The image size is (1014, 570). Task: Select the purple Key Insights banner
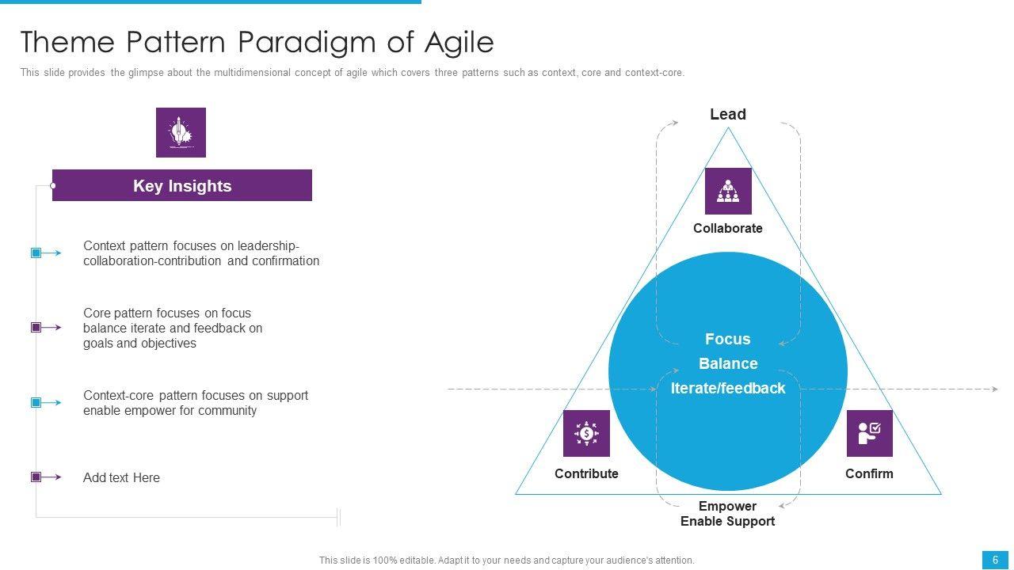[x=182, y=186]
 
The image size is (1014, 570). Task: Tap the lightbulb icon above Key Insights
[x=181, y=132]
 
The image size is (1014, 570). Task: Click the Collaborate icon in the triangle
[x=728, y=191]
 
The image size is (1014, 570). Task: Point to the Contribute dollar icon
[x=586, y=433]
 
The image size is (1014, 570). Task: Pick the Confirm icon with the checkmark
[x=869, y=433]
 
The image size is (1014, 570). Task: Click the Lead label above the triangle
[x=727, y=115]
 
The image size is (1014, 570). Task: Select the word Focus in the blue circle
[x=727, y=339]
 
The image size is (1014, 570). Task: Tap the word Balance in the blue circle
[x=727, y=363]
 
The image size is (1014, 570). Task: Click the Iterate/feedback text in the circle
[x=727, y=388]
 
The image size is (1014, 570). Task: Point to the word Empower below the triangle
[x=727, y=506]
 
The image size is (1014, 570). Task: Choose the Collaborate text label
[x=727, y=228]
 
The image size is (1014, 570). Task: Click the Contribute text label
[x=586, y=473]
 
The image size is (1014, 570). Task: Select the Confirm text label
[x=869, y=473]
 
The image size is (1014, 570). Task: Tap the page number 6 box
[x=995, y=560]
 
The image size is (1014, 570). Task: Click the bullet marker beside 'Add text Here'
[x=36, y=477]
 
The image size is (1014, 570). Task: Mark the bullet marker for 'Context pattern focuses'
[x=36, y=253]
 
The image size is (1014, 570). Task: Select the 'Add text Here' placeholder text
[x=121, y=477]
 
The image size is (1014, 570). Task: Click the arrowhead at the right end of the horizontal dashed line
[x=994, y=389]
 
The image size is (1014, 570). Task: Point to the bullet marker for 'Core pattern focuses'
[x=36, y=328]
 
